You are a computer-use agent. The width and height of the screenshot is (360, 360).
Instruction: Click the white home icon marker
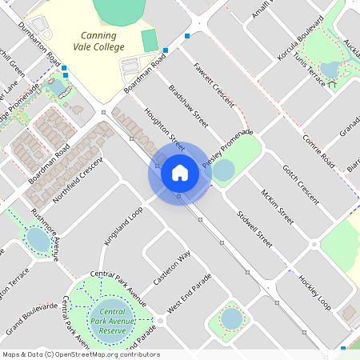click(x=179, y=172)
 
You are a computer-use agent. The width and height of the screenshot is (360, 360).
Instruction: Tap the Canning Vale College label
click(x=102, y=42)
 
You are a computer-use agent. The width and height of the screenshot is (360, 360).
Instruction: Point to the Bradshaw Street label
click(x=189, y=107)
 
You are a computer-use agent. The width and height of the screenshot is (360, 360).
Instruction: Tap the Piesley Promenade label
click(x=228, y=147)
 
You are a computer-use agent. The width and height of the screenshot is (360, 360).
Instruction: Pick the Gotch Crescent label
click(x=301, y=183)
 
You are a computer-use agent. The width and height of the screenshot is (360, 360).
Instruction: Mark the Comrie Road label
click(x=318, y=150)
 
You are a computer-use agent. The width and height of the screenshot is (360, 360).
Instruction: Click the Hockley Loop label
click(x=314, y=293)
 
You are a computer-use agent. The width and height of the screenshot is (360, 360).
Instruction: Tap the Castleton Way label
click(x=172, y=268)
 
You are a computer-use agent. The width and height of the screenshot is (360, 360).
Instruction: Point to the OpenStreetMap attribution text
click(x=80, y=354)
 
